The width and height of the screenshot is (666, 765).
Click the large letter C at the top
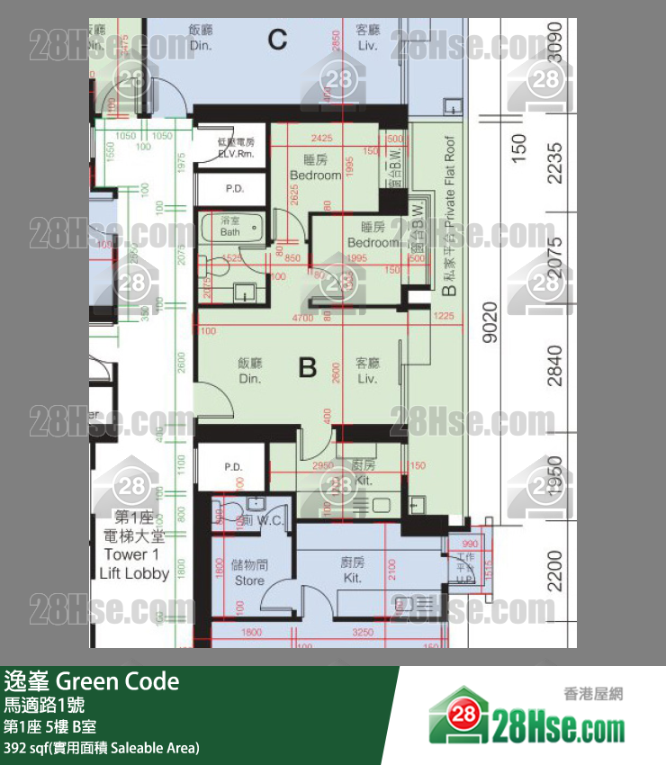(x=277, y=39)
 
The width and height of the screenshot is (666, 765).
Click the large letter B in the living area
(x=308, y=368)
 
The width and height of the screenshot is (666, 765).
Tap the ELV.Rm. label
(x=237, y=148)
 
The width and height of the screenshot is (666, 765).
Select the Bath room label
(x=230, y=227)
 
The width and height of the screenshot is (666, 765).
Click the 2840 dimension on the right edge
(x=553, y=365)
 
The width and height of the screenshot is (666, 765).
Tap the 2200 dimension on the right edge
(x=553, y=571)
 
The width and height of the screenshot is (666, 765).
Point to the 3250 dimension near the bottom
(x=363, y=633)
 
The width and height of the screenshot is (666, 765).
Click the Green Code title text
(x=92, y=681)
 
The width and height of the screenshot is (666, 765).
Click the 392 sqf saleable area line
(x=101, y=748)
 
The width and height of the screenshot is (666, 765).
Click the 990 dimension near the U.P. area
(x=469, y=544)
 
